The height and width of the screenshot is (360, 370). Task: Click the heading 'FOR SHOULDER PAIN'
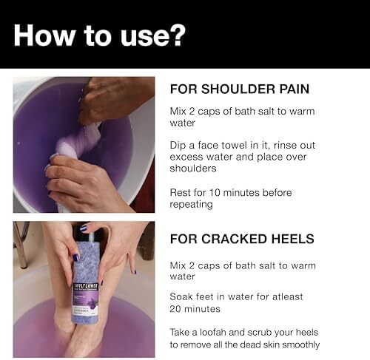point(240,89)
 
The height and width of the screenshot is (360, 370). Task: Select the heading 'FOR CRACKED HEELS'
point(242,239)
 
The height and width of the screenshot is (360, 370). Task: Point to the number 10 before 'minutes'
point(215,193)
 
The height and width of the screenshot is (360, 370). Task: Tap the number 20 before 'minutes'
point(175,309)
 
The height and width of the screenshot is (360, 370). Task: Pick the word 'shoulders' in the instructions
point(193,169)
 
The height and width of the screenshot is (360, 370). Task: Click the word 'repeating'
point(191,205)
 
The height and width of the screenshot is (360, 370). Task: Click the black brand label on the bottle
point(86,286)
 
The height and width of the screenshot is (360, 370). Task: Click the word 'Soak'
point(181,296)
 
